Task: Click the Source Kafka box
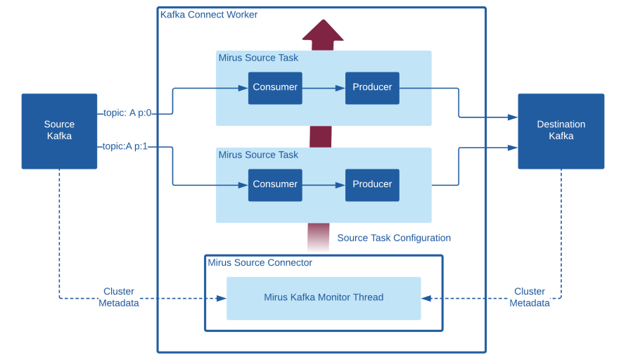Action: click(x=59, y=131)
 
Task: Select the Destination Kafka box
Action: click(x=561, y=131)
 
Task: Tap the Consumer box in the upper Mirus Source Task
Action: click(x=275, y=88)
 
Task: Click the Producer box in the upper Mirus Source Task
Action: click(x=372, y=88)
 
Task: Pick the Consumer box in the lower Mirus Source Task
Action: click(x=275, y=185)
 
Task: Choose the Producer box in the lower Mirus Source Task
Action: click(x=372, y=185)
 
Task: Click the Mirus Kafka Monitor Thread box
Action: click(x=324, y=298)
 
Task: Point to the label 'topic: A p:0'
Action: click(x=127, y=113)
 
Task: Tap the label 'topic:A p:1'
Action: click(x=125, y=146)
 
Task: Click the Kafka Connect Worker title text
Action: click(x=209, y=15)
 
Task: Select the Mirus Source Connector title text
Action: click(x=260, y=262)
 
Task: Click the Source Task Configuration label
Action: click(x=394, y=238)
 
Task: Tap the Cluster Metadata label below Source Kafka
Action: click(x=119, y=297)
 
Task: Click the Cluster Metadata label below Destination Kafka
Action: click(x=530, y=297)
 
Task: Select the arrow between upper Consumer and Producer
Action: click(x=324, y=88)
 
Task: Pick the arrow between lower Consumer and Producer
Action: click(x=324, y=185)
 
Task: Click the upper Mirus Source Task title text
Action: click(x=258, y=58)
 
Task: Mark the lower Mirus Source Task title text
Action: click(x=258, y=155)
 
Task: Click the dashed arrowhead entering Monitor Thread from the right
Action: click(x=426, y=298)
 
